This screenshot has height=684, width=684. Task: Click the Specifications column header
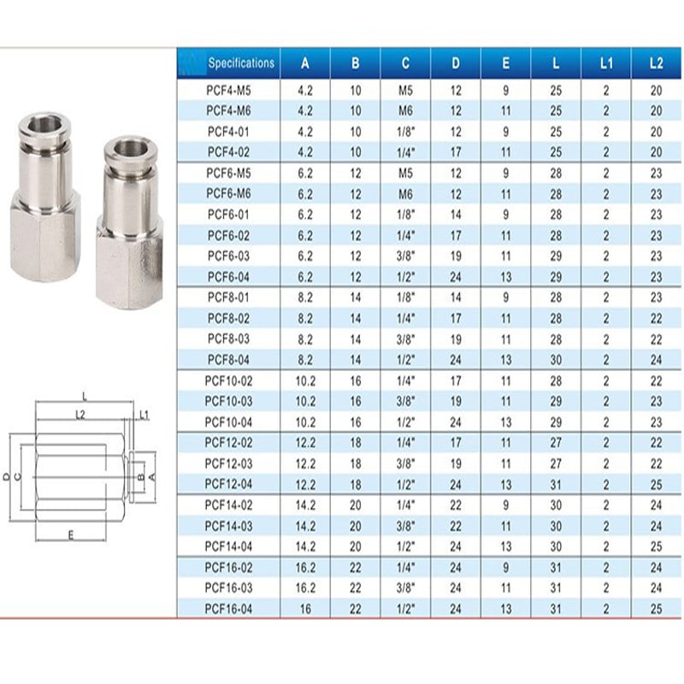[x=241, y=63]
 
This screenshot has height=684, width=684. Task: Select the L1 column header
[x=606, y=63]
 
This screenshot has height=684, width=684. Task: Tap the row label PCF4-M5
[x=228, y=91]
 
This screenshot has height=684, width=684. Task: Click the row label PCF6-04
[x=228, y=277]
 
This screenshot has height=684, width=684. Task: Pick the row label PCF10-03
[x=228, y=401]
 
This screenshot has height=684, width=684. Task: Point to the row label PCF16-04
[x=228, y=609]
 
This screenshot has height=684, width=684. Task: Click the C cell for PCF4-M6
[x=405, y=111]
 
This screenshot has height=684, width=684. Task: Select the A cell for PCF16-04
[x=305, y=609]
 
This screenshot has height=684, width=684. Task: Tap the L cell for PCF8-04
[x=556, y=360]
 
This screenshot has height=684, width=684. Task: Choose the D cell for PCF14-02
[x=456, y=505]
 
